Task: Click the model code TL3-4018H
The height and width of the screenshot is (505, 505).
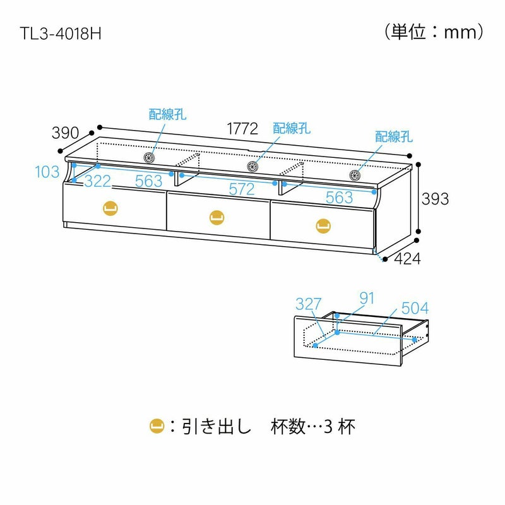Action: (x=61, y=34)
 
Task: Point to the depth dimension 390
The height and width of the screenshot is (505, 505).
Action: (x=65, y=133)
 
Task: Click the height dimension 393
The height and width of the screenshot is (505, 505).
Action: (x=436, y=198)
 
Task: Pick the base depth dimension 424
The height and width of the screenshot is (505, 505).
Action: (x=407, y=258)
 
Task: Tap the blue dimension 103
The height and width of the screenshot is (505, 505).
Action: (x=47, y=172)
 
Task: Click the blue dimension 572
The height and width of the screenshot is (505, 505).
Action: (x=242, y=189)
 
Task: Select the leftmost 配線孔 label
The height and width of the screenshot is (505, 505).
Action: (x=167, y=114)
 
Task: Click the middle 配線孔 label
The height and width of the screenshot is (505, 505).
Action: (x=292, y=128)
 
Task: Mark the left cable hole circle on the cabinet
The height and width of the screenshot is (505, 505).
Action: (x=150, y=158)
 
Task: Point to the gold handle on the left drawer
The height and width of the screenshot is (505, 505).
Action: (x=110, y=209)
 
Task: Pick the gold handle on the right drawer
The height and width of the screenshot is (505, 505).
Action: (x=323, y=224)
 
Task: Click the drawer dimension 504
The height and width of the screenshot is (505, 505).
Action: (x=414, y=308)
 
